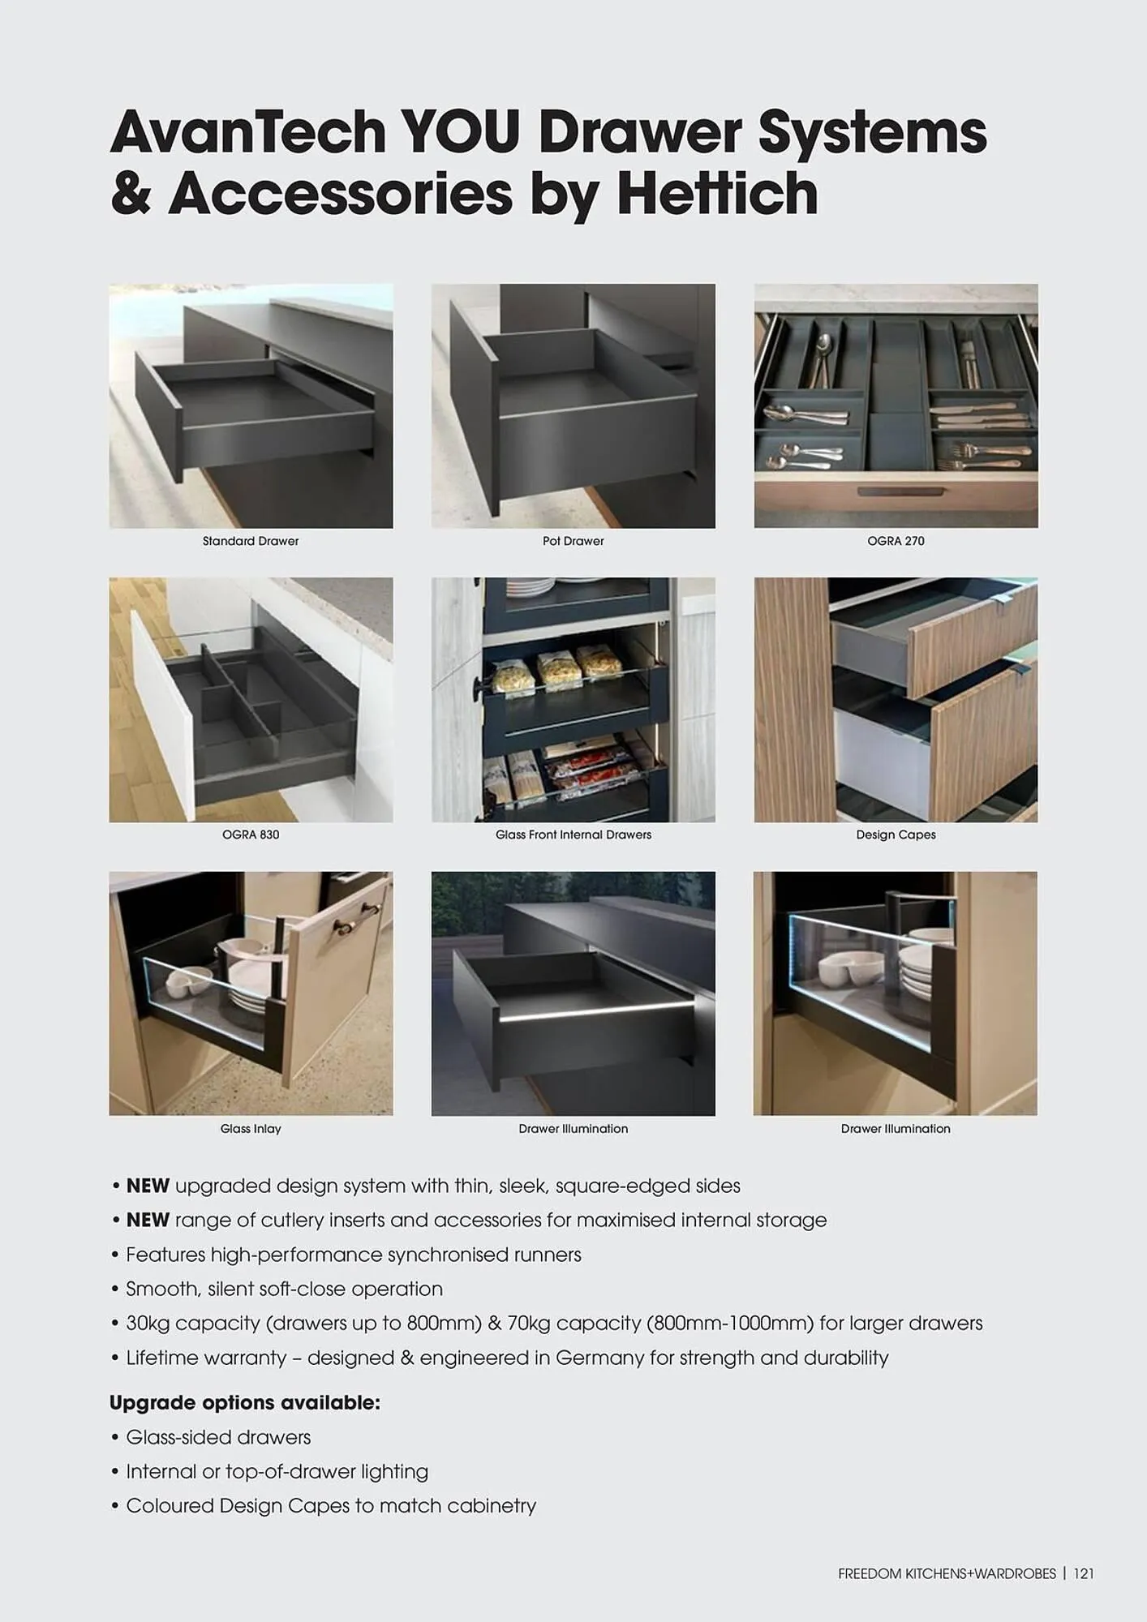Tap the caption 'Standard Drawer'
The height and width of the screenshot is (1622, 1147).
(x=251, y=541)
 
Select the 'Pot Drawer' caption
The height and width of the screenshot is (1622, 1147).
(x=573, y=541)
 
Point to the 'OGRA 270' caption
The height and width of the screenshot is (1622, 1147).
(x=896, y=541)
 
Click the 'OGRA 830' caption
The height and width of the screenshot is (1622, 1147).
(x=251, y=835)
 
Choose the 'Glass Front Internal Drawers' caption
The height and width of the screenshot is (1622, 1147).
(x=573, y=835)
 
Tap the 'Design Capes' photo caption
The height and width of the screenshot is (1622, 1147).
(x=896, y=835)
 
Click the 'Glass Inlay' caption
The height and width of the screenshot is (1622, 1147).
(x=251, y=1129)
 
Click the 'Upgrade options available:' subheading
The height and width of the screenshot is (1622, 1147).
(x=244, y=1403)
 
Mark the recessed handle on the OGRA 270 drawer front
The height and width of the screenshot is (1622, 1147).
(x=900, y=491)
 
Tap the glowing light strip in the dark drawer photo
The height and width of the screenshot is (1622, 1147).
(x=596, y=1011)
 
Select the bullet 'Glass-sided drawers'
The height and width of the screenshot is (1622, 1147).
(x=218, y=1438)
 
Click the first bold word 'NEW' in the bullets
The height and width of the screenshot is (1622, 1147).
(x=148, y=1186)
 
